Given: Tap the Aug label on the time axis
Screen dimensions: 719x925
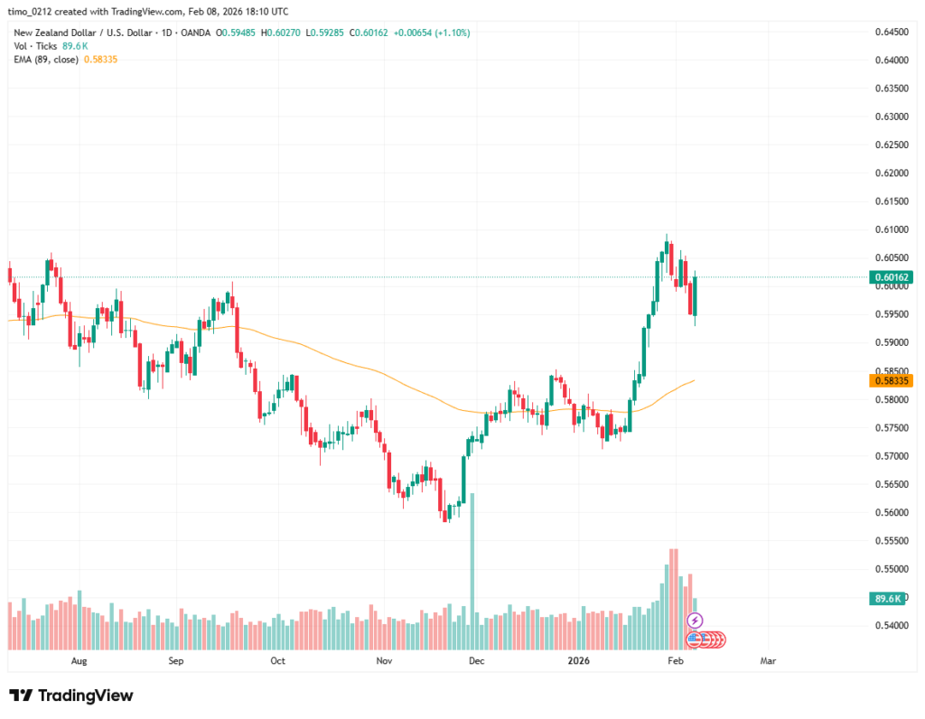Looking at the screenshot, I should click(79, 661).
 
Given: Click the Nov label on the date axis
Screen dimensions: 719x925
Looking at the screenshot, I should click(384, 661).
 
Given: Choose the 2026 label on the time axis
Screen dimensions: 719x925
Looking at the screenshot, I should click(578, 661).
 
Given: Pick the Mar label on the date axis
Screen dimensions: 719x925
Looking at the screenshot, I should click(768, 661).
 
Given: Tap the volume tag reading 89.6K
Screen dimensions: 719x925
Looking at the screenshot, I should click(886, 598).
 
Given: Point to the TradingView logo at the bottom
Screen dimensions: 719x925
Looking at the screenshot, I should click(71, 696).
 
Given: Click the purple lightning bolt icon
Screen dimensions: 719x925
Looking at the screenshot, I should click(695, 621).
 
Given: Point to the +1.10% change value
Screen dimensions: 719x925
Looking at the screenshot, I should click(453, 33).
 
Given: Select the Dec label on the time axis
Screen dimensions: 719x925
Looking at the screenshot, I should click(477, 661).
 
